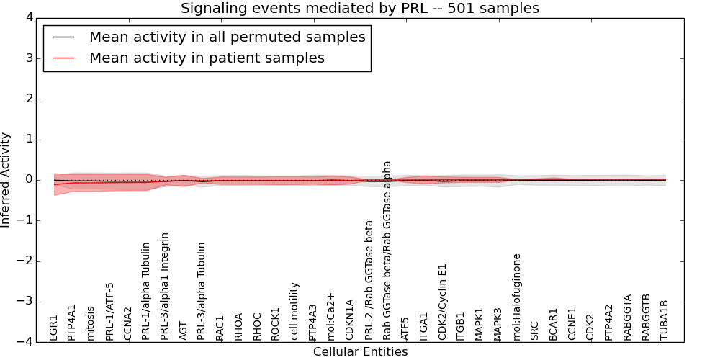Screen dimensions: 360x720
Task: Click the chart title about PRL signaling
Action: tap(359, 9)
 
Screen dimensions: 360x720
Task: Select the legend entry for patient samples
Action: tap(207, 58)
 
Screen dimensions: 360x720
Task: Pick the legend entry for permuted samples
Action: tap(227, 37)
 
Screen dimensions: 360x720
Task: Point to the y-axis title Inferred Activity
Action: tap(6, 180)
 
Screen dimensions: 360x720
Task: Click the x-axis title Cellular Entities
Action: tap(360, 351)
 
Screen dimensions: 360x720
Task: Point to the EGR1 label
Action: tap(54, 327)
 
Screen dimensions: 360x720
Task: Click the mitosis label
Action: tap(91, 323)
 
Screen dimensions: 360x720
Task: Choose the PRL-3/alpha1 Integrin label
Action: tap(165, 286)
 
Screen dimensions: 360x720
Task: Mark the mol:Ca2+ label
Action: tap(331, 316)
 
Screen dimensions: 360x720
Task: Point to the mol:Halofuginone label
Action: tap(516, 296)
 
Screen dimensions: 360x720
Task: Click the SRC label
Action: tap(534, 330)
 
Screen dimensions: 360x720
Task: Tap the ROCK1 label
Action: tap(276, 323)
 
